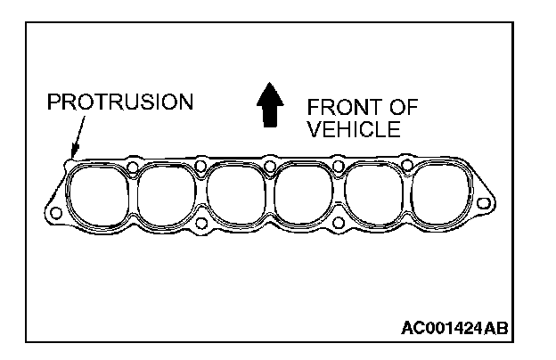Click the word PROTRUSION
pyautogui.click(x=119, y=101)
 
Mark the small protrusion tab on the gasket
pyautogui.click(x=70, y=162)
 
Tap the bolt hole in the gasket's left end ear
pyautogui.click(x=55, y=212)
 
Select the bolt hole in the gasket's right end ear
pyautogui.click(x=483, y=204)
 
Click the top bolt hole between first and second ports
pyautogui.click(x=132, y=167)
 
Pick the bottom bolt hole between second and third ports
pyautogui.click(x=201, y=223)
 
